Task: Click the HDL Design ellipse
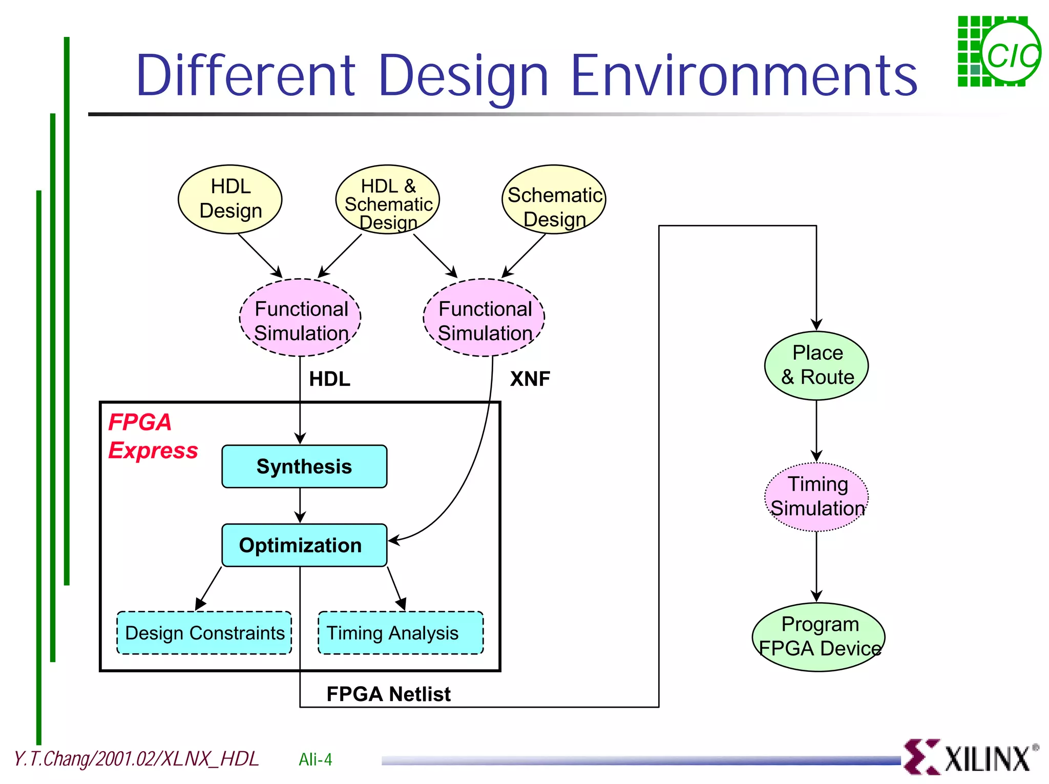(x=230, y=199)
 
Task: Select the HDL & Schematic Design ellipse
(x=388, y=199)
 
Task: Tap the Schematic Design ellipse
(x=554, y=199)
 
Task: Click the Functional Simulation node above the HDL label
(x=300, y=318)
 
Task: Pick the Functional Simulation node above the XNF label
(x=484, y=318)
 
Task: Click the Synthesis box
(x=304, y=466)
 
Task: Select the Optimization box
(x=304, y=545)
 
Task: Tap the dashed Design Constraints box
(x=204, y=633)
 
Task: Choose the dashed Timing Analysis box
(x=401, y=633)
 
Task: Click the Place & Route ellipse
(x=816, y=365)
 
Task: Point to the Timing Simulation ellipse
(x=816, y=497)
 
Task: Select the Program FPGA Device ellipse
(x=819, y=637)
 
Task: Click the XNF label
(x=530, y=379)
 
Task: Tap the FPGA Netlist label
(x=388, y=694)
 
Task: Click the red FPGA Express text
(x=152, y=437)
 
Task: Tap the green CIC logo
(x=999, y=51)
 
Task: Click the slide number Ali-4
(x=315, y=759)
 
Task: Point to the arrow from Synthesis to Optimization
(x=300, y=505)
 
